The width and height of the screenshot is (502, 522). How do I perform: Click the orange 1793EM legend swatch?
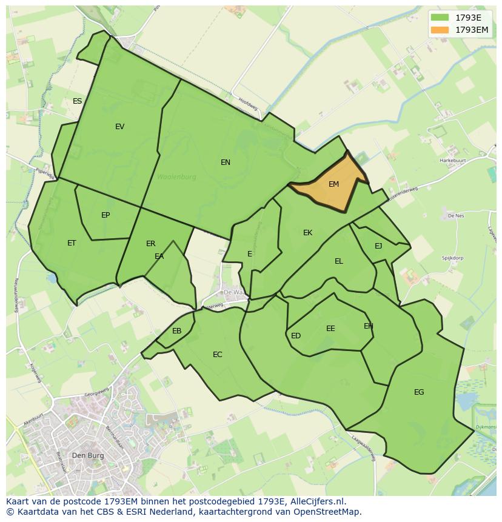pyautogui.click(x=440, y=30)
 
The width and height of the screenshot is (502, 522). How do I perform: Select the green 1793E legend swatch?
pyautogui.click(x=440, y=18)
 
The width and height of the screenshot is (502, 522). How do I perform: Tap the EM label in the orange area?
pyautogui.click(x=333, y=184)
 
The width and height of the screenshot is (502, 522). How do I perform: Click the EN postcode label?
pyautogui.click(x=226, y=162)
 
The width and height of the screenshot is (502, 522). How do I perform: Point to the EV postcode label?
pyautogui.click(x=119, y=127)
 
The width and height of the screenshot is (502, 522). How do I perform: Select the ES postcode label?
pyautogui.click(x=77, y=101)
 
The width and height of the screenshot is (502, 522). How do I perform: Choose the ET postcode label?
pyautogui.click(x=72, y=243)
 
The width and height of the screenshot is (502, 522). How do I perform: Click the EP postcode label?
pyautogui.click(x=105, y=215)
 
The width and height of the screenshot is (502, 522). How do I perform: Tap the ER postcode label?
pyautogui.click(x=150, y=244)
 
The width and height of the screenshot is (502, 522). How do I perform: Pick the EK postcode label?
pyautogui.click(x=307, y=233)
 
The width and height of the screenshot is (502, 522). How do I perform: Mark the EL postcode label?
pyautogui.click(x=338, y=261)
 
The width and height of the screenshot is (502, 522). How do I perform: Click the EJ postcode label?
pyautogui.click(x=378, y=246)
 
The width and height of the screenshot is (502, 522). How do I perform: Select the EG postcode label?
pyautogui.click(x=419, y=392)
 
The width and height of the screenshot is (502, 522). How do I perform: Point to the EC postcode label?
pyautogui.click(x=217, y=355)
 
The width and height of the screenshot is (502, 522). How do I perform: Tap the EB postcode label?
pyautogui.click(x=176, y=331)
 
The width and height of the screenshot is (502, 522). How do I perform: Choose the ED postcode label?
pyautogui.click(x=296, y=336)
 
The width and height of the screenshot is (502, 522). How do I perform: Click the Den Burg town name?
pyautogui.click(x=87, y=455)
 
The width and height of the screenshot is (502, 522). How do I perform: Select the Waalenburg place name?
pyautogui.click(x=176, y=178)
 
